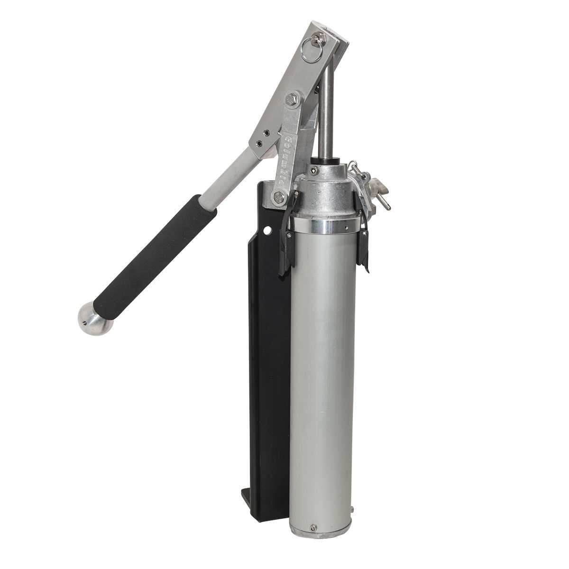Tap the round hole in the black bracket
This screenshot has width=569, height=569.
[x=268, y=231]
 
